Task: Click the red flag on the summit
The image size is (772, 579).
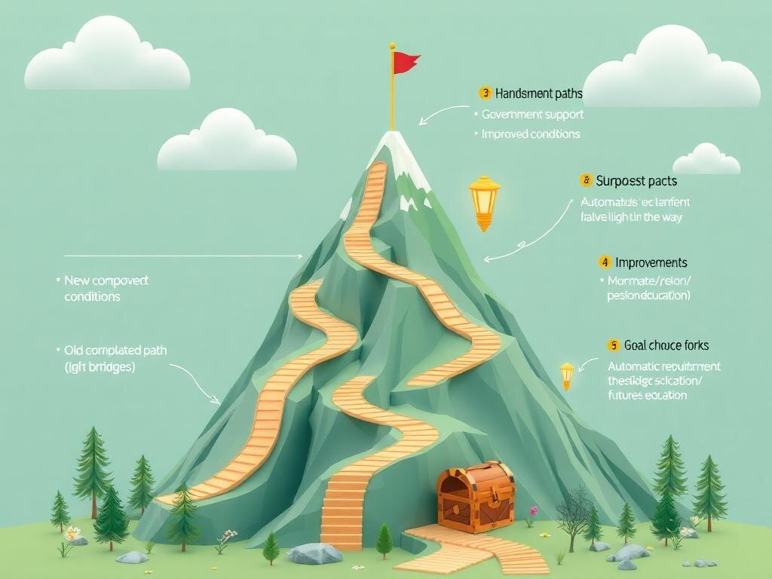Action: coord(406,63)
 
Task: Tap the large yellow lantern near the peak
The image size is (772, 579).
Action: coord(483,201)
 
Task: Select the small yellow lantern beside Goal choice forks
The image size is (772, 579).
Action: coord(567,375)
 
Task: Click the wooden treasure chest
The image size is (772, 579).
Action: coord(476,498)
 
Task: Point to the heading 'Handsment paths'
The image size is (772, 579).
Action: coord(538,93)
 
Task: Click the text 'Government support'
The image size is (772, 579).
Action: coord(532,115)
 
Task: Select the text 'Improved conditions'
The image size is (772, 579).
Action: coord(531,134)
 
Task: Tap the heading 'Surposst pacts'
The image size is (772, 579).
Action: coord(636,181)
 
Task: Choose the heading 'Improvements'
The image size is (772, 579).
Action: coord(651,262)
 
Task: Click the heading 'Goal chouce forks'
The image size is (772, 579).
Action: coord(666,345)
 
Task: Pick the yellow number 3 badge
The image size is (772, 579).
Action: coord(485,93)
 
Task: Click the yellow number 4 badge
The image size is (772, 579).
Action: coord(605,262)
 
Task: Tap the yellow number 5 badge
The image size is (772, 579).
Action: coord(613,345)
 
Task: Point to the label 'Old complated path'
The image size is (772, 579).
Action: coord(115,351)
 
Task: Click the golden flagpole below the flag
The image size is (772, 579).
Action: coord(393,98)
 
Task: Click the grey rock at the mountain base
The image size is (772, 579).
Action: coord(315,554)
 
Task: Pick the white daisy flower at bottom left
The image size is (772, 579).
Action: coord(72,533)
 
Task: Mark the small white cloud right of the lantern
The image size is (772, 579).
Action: coord(706,160)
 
